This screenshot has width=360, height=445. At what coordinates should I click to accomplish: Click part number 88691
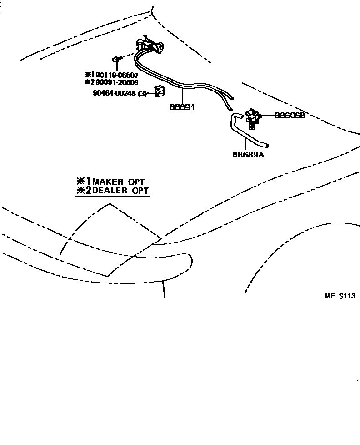[x=182, y=107]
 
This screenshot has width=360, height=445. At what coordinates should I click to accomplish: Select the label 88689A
[x=248, y=154]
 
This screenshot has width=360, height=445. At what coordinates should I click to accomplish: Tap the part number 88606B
[x=289, y=116]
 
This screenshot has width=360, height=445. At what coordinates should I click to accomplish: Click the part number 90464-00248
[x=114, y=93]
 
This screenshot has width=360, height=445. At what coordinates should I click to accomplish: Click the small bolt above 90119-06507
[x=116, y=59]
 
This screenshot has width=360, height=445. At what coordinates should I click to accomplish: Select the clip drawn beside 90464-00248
[x=159, y=91]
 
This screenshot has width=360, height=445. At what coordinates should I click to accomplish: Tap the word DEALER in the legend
[x=110, y=191]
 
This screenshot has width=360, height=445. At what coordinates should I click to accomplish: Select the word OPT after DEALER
[x=140, y=191]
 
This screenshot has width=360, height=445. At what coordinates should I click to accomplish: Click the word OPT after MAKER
[x=136, y=182]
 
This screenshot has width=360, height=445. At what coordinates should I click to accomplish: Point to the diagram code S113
[x=347, y=296]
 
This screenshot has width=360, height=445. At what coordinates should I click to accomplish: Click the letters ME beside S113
[x=329, y=296]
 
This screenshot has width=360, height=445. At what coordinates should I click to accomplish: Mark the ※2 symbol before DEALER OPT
[x=84, y=191]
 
